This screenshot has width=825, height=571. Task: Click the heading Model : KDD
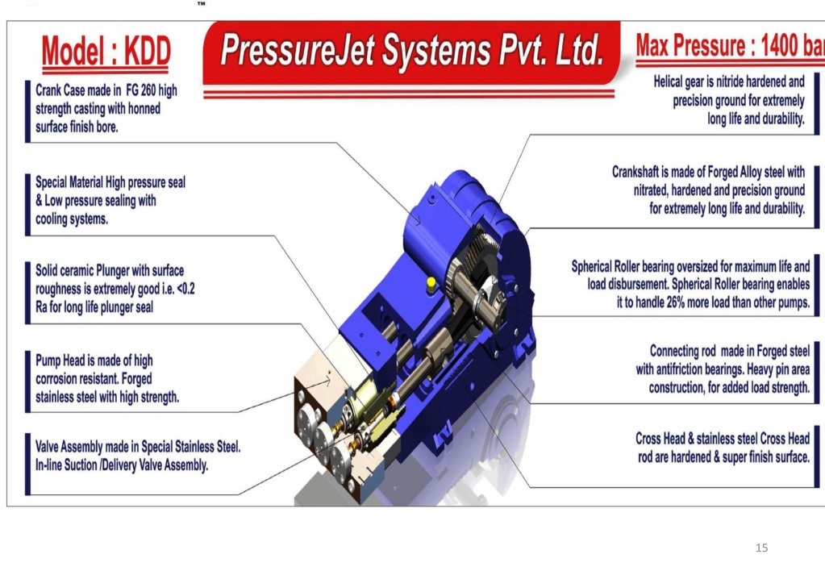coord(106,52)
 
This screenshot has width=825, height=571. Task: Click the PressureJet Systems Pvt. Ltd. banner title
coord(412,51)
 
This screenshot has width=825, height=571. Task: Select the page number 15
coord(761,548)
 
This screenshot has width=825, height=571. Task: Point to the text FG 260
coord(140,90)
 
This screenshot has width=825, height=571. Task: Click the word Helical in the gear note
coord(669,81)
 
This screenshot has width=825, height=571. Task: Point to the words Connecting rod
coord(683,351)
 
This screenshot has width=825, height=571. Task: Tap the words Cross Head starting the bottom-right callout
coord(660,439)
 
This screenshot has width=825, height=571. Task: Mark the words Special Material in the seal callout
coord(69,182)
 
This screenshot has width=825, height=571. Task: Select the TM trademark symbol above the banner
coord(202,4)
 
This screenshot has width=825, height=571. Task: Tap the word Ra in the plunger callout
coord(41,306)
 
